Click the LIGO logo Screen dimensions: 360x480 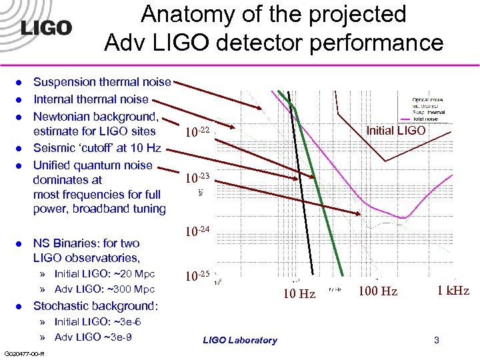coord(46,28)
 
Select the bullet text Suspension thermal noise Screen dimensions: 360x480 coord(102,82)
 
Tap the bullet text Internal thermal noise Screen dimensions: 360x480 coord(91,99)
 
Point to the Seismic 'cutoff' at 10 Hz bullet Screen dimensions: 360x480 coord(97,147)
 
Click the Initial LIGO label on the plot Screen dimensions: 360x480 coord(395,131)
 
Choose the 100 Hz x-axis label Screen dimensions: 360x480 coord(377,291)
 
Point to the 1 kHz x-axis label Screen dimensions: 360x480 coord(453,291)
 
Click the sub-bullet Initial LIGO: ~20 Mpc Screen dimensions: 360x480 coord(104,274)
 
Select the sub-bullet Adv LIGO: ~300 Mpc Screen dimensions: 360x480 coord(104,289)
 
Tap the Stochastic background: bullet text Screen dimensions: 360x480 coord(96,306)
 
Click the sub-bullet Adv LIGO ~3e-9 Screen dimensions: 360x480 coord(93,337)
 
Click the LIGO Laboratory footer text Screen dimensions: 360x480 coord(239,340)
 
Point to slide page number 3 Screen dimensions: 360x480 coord(436,340)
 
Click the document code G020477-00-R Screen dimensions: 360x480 coord(23,353)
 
